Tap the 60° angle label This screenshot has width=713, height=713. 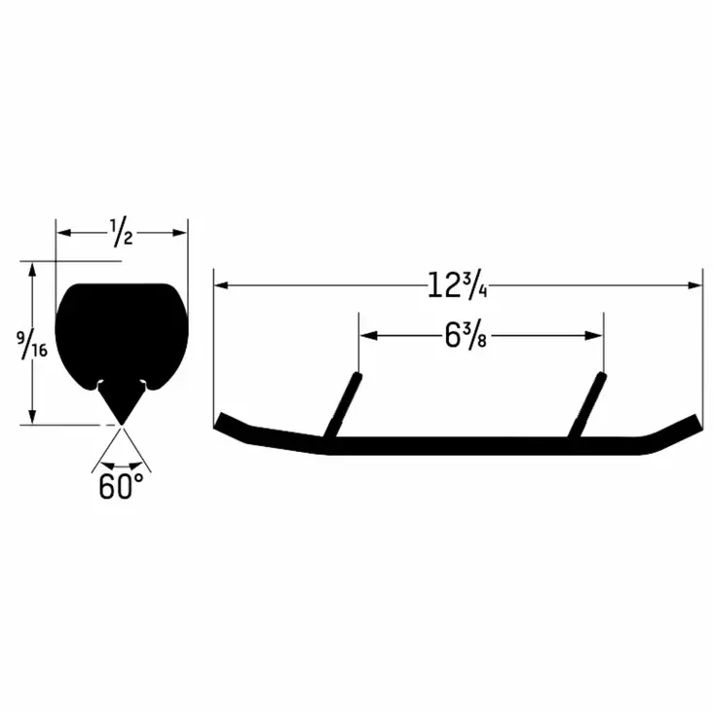click(x=121, y=486)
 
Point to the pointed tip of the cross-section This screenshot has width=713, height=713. click(x=121, y=421)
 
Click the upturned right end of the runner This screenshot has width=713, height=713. click(x=688, y=425)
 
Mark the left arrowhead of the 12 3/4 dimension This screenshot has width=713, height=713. click(x=221, y=285)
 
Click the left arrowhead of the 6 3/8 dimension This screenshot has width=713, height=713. click(x=367, y=336)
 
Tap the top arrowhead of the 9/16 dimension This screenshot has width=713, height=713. click(x=33, y=268)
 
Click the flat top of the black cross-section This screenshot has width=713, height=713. click(x=121, y=288)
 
